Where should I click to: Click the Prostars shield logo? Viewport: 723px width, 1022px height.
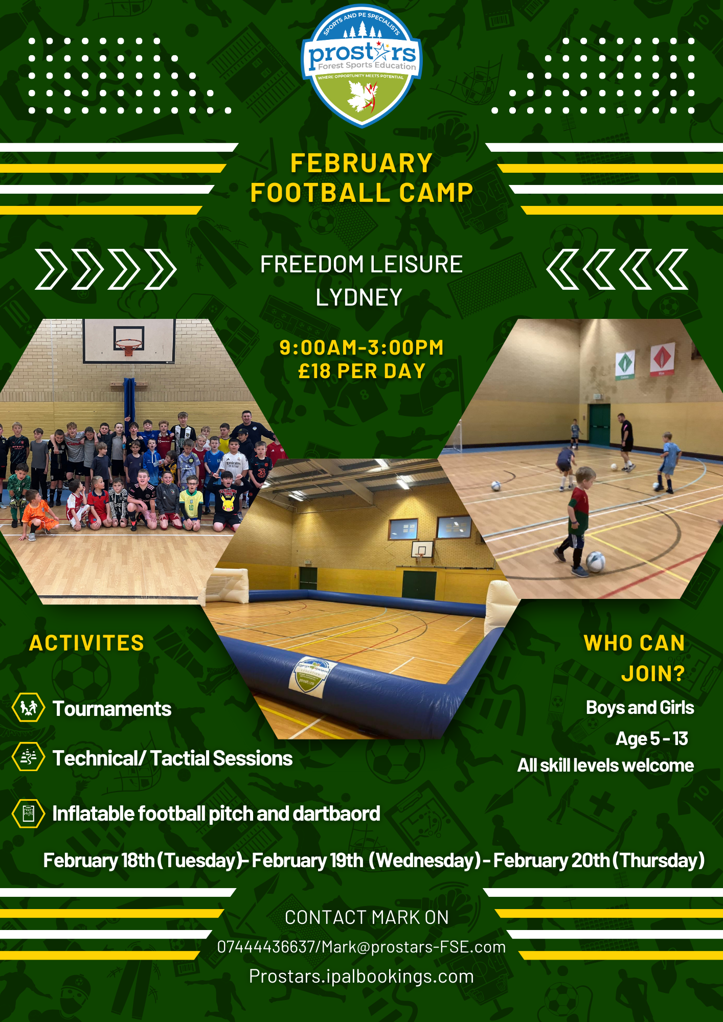click(x=361, y=65)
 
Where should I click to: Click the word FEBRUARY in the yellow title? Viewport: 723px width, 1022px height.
click(x=361, y=164)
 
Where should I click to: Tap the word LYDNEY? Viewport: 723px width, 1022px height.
click(x=359, y=297)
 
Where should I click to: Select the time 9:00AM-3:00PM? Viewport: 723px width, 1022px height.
click(x=361, y=347)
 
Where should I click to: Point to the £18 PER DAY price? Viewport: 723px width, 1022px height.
click(x=361, y=371)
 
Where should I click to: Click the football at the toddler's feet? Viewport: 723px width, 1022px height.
click(x=595, y=561)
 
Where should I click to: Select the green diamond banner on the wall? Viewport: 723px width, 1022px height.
click(x=625, y=364)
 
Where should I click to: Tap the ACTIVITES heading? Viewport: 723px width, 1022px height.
click(x=86, y=643)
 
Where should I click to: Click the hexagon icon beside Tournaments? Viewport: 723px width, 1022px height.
click(x=28, y=707)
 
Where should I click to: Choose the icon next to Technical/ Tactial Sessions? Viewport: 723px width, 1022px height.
click(x=28, y=757)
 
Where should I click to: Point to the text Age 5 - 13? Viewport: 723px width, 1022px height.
click(x=652, y=738)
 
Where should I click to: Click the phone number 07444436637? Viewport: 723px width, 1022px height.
click(x=266, y=947)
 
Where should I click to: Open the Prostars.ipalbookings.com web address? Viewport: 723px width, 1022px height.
click(x=361, y=977)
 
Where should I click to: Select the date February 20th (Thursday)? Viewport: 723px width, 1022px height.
click(x=599, y=861)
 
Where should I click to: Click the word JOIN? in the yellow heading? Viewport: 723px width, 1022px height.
click(x=653, y=673)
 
